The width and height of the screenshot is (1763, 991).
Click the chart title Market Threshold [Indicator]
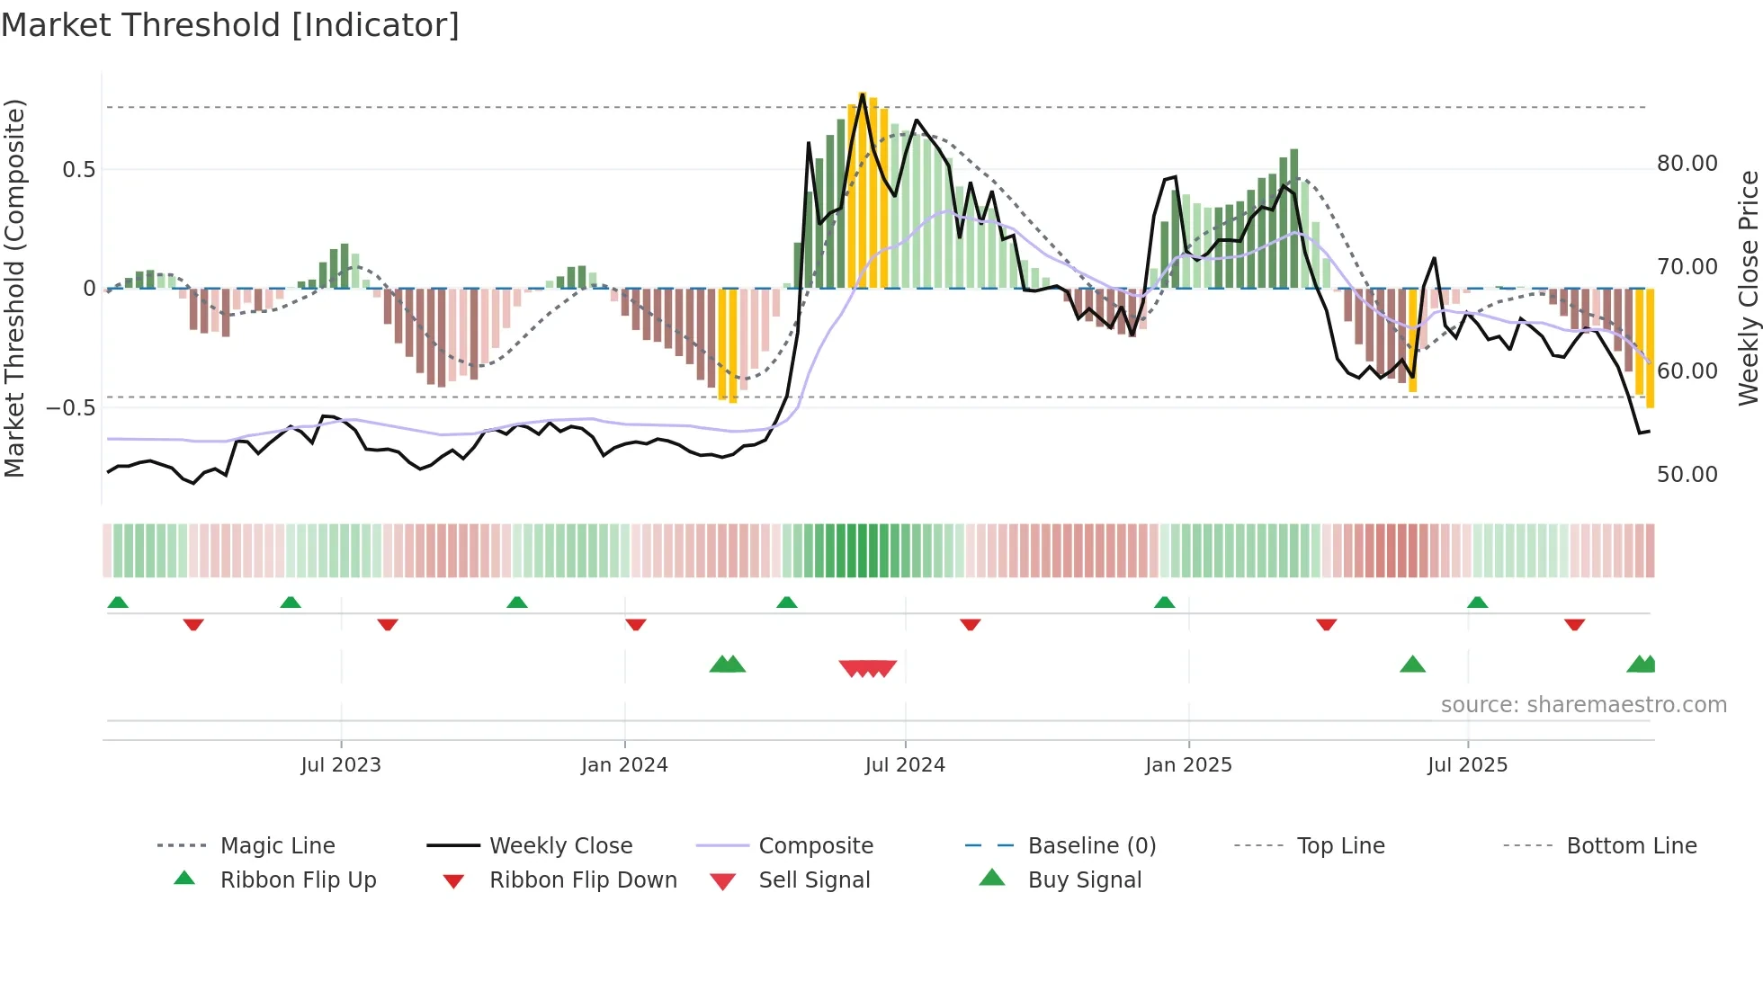coord(230,25)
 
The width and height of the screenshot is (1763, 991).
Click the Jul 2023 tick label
coord(341,765)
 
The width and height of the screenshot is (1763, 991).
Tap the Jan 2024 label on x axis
coord(624,765)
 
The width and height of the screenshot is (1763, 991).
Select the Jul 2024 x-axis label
coord(905,765)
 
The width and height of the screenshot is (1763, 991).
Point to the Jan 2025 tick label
coord(1188,765)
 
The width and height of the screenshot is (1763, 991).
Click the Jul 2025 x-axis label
coord(1467,765)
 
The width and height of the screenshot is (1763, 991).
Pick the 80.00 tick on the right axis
coord(1687,164)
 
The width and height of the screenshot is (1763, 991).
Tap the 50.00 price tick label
coord(1687,475)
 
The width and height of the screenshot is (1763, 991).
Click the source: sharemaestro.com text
coord(1583,705)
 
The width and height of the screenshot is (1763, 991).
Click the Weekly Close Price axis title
coord(1748,288)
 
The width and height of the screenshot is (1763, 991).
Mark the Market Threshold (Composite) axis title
coord(14,288)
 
